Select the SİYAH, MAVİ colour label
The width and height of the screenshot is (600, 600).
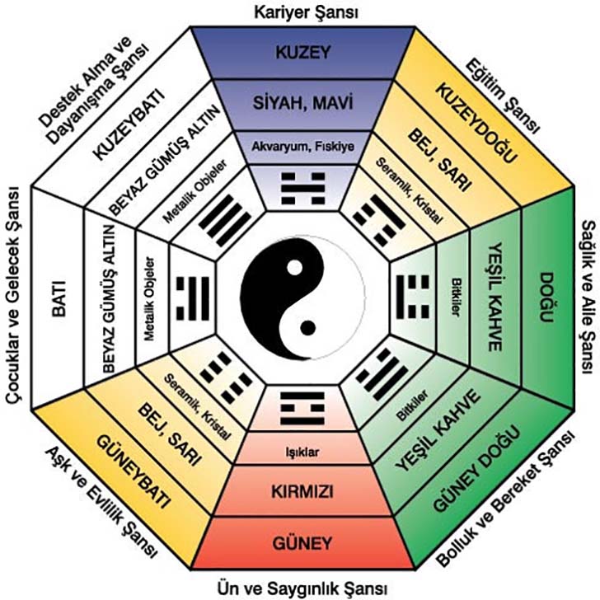[302, 105]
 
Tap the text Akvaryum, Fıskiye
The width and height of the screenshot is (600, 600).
[302, 148]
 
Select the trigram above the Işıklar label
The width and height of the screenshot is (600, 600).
[302, 409]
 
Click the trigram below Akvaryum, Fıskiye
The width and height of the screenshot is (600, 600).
[302, 190]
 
